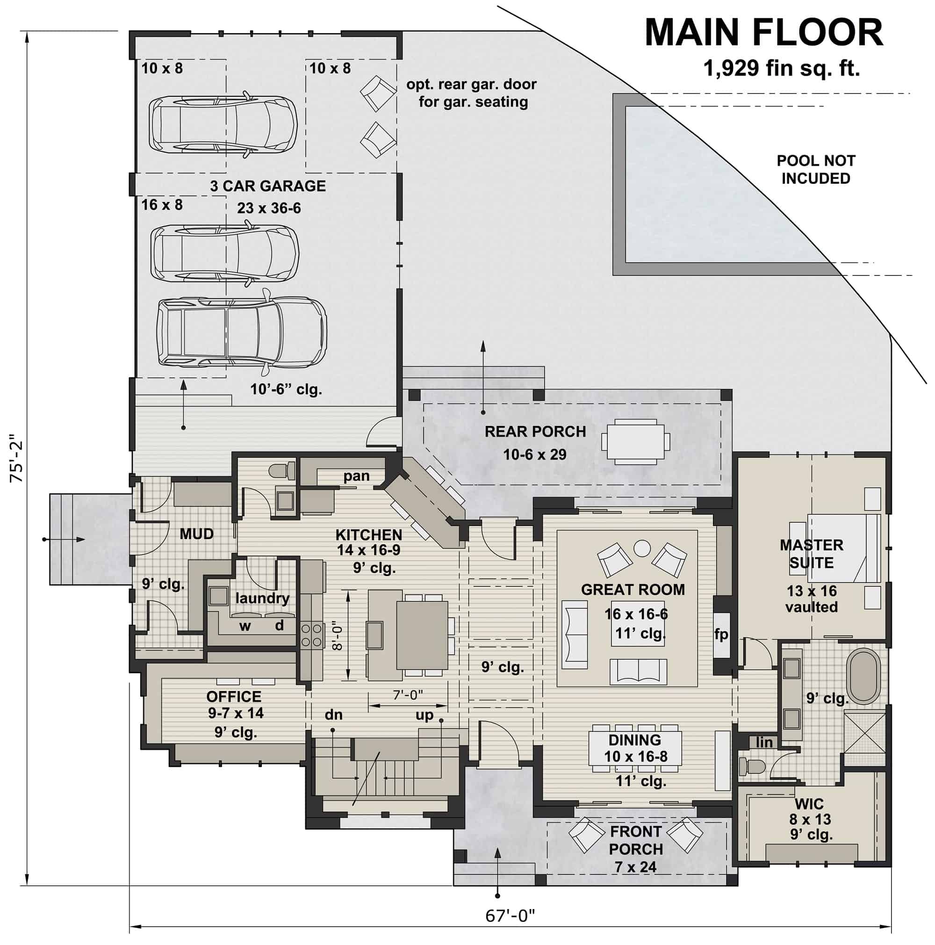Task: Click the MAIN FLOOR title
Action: pyautogui.click(x=763, y=33)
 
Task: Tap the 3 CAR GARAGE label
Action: pyautogui.click(x=267, y=186)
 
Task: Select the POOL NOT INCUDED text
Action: pyautogui.click(x=816, y=169)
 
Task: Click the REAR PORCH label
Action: pyautogui.click(x=535, y=432)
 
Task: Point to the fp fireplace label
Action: pyautogui.click(x=721, y=635)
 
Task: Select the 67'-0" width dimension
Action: pyautogui.click(x=510, y=915)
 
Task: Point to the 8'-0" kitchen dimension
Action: pyautogui.click(x=337, y=635)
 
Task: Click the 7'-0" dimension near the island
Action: pyautogui.click(x=408, y=694)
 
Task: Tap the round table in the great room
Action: pyautogui.click(x=642, y=548)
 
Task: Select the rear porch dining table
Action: pyautogui.click(x=635, y=441)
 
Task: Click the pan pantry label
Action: pyautogui.click(x=356, y=476)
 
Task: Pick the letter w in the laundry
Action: pyautogui.click(x=245, y=626)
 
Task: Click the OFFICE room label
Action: pyautogui.click(x=234, y=696)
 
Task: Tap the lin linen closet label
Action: pyautogui.click(x=764, y=742)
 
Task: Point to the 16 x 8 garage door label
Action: pyautogui.click(x=162, y=204)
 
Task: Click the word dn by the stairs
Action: pyautogui.click(x=333, y=714)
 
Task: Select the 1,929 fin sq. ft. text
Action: pyautogui.click(x=781, y=68)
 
